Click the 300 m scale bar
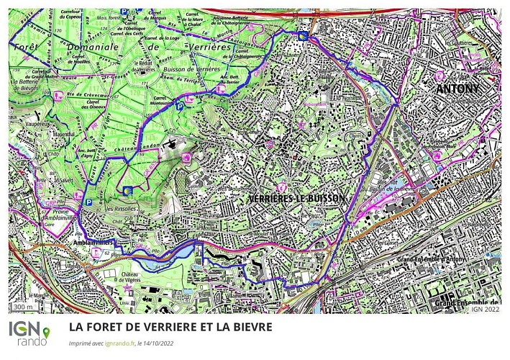coord(24,308)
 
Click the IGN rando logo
coord(29,333)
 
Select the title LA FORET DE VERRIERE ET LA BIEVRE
coord(170,327)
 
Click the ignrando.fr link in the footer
coord(119,343)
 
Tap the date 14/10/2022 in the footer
coord(159,343)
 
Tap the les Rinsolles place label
coord(119,209)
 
